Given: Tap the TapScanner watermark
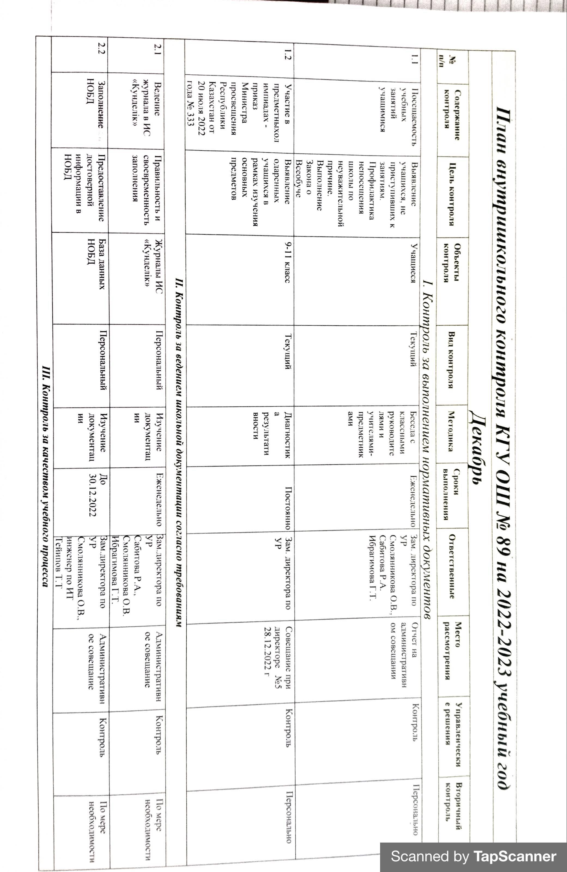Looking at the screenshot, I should tap(473, 857).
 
